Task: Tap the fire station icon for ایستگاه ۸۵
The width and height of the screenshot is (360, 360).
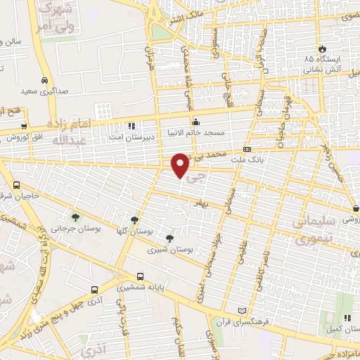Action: coord(322,49)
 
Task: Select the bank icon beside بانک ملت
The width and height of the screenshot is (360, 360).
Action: coord(247,149)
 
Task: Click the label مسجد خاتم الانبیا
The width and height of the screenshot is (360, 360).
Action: coord(195,131)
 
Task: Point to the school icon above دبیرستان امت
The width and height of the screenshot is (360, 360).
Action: coord(131,127)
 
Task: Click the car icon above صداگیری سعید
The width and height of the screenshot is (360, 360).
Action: coord(44,81)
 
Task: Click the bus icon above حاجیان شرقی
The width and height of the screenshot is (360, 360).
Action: coord(16,185)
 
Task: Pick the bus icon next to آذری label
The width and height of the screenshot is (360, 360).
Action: coord(94,289)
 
